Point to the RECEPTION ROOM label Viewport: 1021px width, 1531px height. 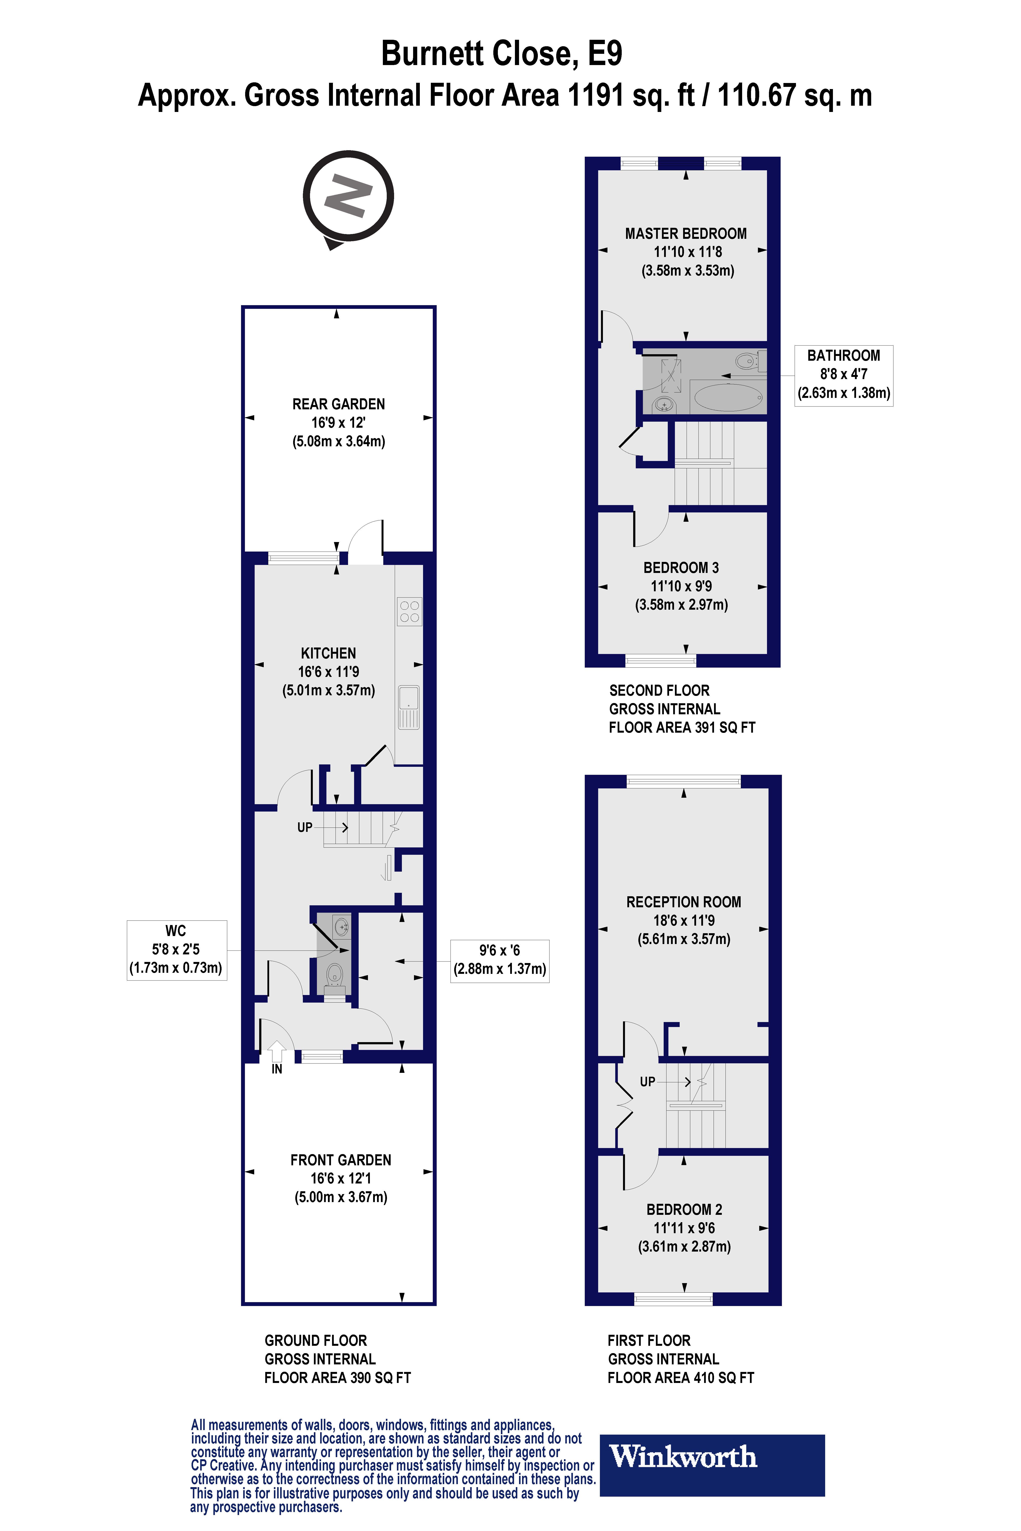[x=684, y=902]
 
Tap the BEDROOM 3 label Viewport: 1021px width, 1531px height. [x=681, y=568]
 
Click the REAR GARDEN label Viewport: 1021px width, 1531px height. [x=339, y=404]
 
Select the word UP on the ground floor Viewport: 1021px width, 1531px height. [x=305, y=827]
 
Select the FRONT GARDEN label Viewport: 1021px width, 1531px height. [x=340, y=1160]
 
